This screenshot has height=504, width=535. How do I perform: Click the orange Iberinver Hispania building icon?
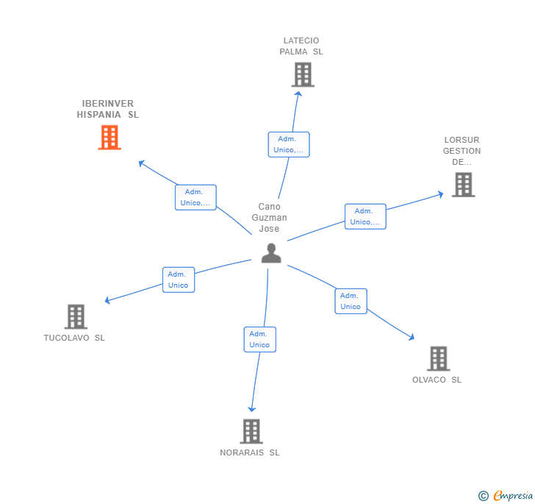point(109,138)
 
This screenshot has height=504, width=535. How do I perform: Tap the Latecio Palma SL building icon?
point(302,74)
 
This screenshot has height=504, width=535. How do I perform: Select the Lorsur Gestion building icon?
point(463,185)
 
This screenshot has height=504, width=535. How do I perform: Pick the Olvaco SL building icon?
point(438,358)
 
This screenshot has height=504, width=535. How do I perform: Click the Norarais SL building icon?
point(251,431)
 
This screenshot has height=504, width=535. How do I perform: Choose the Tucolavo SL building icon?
point(76,316)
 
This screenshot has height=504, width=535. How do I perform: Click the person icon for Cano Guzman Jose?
point(271,253)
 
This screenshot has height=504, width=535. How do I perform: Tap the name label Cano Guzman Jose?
point(270,218)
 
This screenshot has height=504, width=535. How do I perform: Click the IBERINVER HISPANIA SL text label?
point(107,109)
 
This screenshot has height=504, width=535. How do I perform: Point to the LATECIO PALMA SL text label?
point(301,46)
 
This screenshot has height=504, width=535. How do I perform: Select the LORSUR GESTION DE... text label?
point(462,151)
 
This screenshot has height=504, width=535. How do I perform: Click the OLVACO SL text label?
point(437,380)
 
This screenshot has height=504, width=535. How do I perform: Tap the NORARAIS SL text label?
point(250,452)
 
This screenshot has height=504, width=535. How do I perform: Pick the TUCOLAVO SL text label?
point(74,338)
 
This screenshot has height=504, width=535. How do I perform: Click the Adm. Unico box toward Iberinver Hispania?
point(195,197)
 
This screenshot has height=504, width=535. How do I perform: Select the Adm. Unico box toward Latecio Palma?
point(288,144)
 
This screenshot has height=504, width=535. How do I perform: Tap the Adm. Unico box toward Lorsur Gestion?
point(365,216)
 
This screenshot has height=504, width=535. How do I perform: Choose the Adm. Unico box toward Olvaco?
point(351,301)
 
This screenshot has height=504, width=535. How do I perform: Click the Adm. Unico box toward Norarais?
point(259,339)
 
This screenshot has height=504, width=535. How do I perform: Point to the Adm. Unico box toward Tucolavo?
point(179,280)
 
